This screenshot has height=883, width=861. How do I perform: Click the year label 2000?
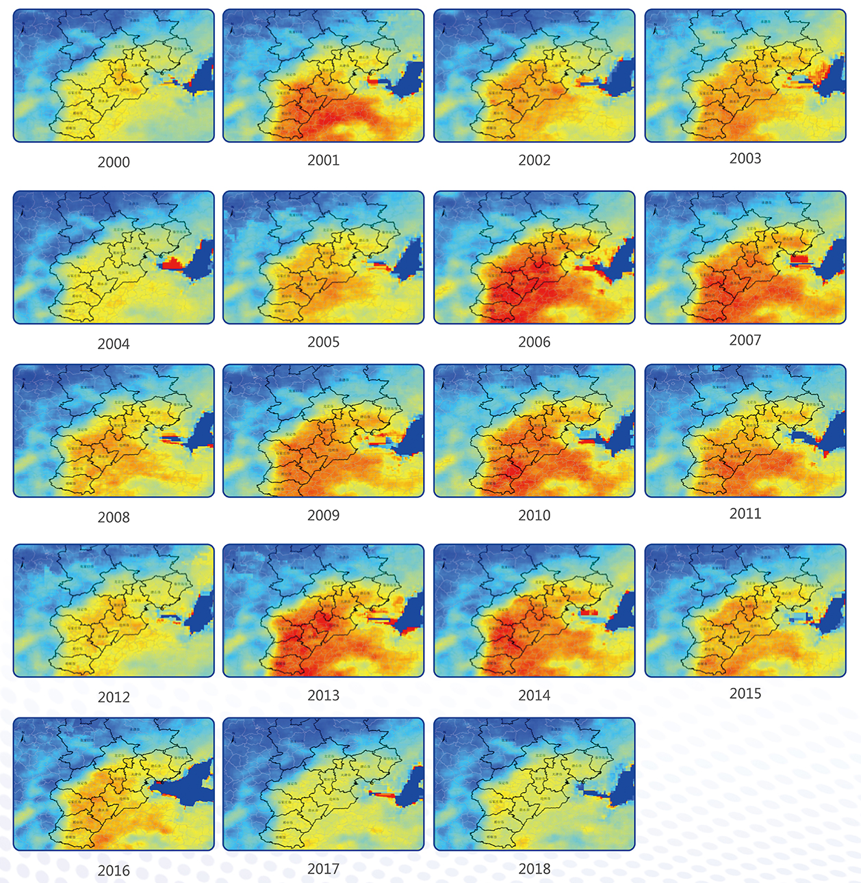(x=114, y=162)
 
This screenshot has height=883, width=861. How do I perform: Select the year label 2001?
(x=324, y=160)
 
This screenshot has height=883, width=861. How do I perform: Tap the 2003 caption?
(x=745, y=158)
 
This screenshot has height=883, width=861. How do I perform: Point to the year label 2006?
(x=535, y=342)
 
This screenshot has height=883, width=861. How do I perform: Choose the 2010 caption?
(x=535, y=515)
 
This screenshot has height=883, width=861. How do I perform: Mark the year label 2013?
(x=324, y=695)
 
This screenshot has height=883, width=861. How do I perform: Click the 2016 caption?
(x=114, y=871)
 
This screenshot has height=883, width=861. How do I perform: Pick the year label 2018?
(x=535, y=869)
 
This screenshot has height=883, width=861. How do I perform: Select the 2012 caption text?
(x=114, y=697)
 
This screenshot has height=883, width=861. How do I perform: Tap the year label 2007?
(x=745, y=340)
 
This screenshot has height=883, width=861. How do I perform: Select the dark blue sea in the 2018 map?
(x=623, y=787)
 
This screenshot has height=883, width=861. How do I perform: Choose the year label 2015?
(x=745, y=693)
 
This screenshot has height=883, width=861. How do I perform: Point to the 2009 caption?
(x=324, y=515)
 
